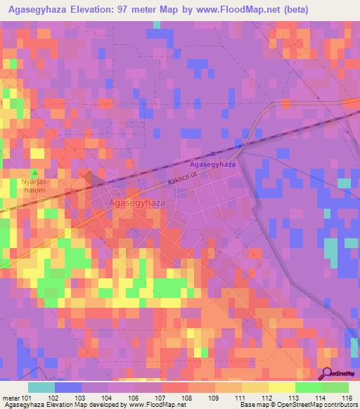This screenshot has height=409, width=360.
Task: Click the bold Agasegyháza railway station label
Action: point(212,163)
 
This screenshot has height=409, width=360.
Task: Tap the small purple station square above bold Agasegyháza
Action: point(212,154)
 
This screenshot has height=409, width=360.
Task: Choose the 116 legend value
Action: point(347,397)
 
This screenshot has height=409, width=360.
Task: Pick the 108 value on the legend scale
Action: point(187,397)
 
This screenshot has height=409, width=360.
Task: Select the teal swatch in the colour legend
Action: point(41,387)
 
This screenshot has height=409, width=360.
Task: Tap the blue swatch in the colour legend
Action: point(68,387)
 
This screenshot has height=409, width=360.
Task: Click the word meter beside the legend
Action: point(11,397)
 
